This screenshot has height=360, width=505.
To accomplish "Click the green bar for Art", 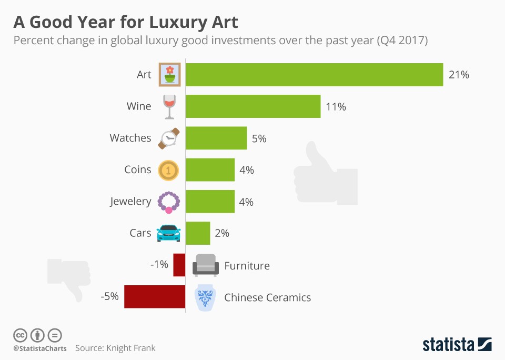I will click(x=314, y=74).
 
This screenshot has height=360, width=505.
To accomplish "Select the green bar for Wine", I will click(x=253, y=106).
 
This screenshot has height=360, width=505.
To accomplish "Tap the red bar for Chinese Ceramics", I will click(x=155, y=297).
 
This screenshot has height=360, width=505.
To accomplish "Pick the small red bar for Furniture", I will click(x=179, y=265).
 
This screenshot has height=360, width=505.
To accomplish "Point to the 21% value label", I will click(x=459, y=75).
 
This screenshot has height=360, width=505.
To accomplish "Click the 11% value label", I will click(x=336, y=107).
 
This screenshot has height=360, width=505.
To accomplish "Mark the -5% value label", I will click(x=109, y=297).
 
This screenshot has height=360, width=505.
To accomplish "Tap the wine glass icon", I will click(x=169, y=106).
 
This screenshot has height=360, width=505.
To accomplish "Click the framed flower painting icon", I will click(x=169, y=74).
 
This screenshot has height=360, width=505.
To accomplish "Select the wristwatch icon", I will click(x=169, y=138).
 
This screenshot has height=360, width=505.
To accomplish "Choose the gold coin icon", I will click(x=169, y=169).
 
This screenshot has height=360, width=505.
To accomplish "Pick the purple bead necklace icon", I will click(x=169, y=202).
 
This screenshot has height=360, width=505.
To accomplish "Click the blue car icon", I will click(x=169, y=233).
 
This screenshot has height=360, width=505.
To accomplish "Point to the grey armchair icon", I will click(x=205, y=265).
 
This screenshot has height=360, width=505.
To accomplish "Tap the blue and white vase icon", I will click(x=205, y=297).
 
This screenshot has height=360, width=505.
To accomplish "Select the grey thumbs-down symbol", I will click(x=69, y=278).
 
